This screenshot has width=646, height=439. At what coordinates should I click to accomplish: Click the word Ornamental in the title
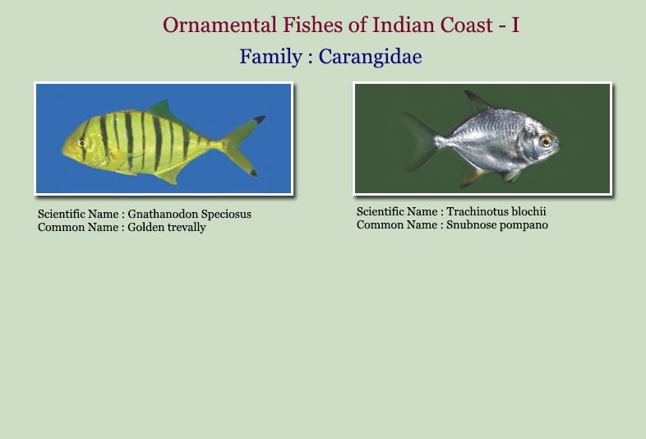[219, 25]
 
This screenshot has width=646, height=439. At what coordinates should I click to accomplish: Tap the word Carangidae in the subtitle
[370, 57]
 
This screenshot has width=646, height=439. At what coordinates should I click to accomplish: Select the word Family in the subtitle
[271, 57]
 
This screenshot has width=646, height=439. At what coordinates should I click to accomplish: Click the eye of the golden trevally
[82, 143]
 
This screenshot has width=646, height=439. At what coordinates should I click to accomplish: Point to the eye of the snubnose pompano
[547, 141]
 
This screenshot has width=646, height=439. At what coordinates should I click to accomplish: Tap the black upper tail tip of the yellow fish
[260, 119]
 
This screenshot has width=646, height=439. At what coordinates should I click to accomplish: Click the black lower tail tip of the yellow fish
[253, 173]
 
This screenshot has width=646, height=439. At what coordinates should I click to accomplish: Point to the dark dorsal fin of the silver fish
[477, 101]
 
